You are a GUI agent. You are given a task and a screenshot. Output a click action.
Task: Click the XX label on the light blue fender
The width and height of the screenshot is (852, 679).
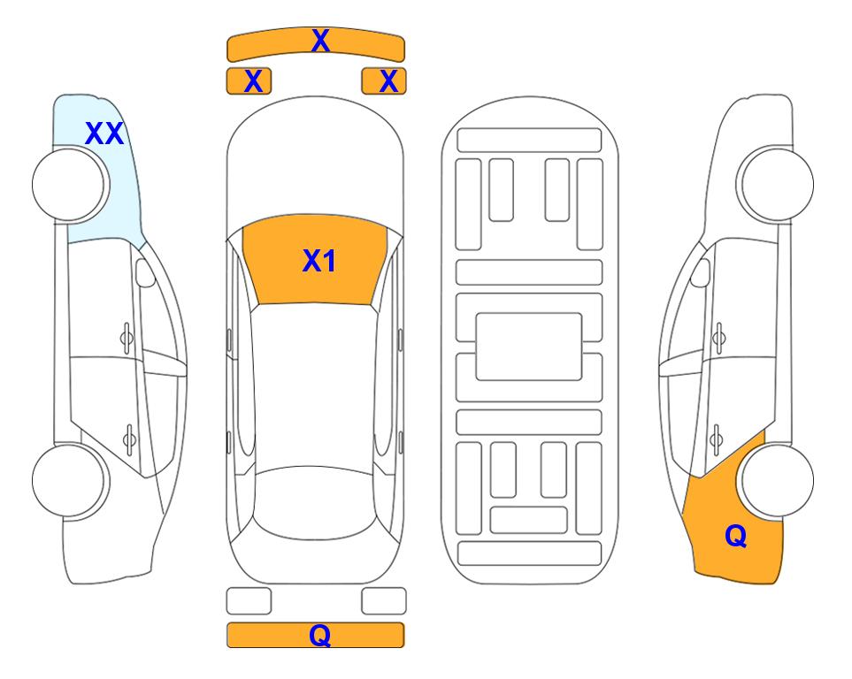[x=105, y=134]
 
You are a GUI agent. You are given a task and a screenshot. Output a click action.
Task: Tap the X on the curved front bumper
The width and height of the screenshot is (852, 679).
[x=320, y=41]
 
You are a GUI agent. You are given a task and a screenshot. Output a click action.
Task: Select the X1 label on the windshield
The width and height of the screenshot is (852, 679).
[x=319, y=261]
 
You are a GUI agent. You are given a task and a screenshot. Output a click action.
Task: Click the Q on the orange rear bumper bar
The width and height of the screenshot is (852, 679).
[x=320, y=635]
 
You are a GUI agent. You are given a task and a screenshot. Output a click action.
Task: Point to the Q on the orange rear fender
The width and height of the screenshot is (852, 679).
[x=736, y=536]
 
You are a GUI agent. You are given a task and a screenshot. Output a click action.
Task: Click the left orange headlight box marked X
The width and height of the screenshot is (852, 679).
[x=249, y=81]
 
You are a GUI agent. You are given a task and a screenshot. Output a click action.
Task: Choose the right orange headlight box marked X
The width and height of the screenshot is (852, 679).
[x=384, y=81]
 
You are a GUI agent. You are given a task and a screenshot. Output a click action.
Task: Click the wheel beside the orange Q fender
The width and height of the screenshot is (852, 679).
[x=778, y=481]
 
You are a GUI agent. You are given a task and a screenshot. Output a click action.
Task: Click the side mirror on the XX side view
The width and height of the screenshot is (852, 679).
[x=145, y=272]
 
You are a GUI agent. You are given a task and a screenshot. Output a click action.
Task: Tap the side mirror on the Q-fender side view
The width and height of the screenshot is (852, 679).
[x=701, y=272]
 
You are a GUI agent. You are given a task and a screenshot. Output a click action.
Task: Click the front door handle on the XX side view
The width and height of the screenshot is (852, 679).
[x=127, y=339]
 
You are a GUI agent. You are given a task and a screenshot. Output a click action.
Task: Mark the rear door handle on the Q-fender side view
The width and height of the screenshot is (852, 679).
[x=717, y=439]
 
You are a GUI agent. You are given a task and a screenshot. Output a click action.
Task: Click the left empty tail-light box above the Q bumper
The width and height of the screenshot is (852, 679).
[x=249, y=601]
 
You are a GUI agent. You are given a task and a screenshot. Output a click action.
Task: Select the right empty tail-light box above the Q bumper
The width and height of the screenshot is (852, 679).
[x=384, y=601]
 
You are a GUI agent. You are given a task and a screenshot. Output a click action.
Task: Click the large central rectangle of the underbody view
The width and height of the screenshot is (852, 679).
[x=529, y=347]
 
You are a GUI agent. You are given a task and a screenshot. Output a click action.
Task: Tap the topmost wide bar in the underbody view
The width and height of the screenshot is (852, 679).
[x=529, y=141]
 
